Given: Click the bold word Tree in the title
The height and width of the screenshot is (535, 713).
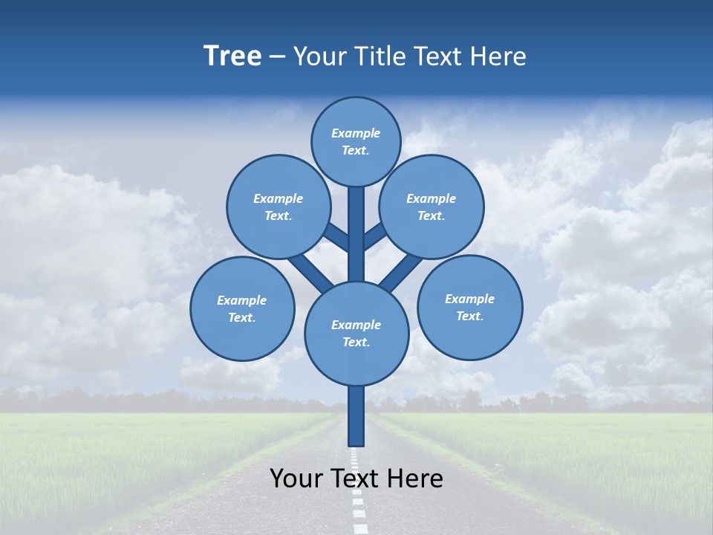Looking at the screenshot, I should click(x=232, y=56).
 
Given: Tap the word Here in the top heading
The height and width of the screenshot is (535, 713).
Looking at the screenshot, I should click(x=501, y=56).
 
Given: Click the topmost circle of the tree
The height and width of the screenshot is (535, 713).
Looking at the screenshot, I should click(x=356, y=141).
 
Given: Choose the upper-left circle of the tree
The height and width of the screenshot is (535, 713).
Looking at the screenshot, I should click(x=278, y=207).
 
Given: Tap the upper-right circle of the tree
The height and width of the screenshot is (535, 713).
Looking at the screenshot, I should click(x=431, y=207).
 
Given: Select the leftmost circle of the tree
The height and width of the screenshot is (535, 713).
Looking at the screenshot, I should click(x=242, y=308).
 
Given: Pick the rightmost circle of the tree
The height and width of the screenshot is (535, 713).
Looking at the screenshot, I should click(x=469, y=307).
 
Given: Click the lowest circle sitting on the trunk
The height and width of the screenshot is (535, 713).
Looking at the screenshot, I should click(x=356, y=333).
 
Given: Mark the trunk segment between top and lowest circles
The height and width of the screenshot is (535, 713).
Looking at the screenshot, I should click(x=356, y=234).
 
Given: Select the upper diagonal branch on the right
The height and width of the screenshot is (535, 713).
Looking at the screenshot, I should click(x=375, y=236).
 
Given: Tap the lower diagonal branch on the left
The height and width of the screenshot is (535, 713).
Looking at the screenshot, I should click(x=310, y=273).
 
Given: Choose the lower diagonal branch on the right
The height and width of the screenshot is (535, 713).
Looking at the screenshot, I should click(x=401, y=273).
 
